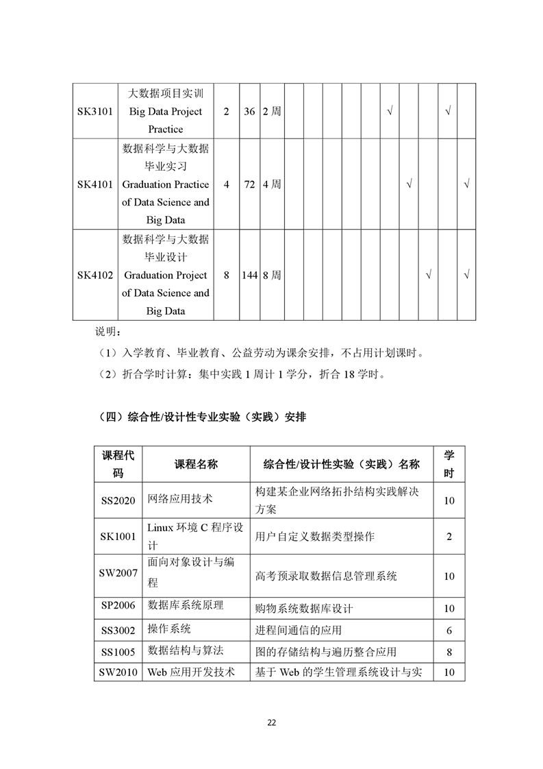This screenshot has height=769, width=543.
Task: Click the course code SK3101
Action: click(x=94, y=111)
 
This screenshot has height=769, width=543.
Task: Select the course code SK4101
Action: click(x=94, y=184)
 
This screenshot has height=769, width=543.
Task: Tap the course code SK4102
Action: click(x=94, y=275)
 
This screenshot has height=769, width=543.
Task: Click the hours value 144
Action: click(x=249, y=275)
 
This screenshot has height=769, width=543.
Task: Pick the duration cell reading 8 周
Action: click(x=272, y=275)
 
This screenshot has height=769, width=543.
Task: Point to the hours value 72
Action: click(x=249, y=184)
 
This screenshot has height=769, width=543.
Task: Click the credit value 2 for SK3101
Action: click(x=226, y=111)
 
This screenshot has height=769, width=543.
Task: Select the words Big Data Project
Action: click(x=166, y=111)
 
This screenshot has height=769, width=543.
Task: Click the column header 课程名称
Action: click(x=196, y=464)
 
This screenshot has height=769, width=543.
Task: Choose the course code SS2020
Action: click(x=118, y=500)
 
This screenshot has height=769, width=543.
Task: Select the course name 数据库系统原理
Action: click(x=186, y=606)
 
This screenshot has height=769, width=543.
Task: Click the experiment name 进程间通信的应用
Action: click(x=298, y=630)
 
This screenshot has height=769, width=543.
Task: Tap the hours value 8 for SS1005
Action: click(x=449, y=652)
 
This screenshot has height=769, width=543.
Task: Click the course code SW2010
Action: click(x=118, y=672)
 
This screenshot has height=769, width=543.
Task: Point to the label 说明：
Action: click(x=108, y=332)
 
